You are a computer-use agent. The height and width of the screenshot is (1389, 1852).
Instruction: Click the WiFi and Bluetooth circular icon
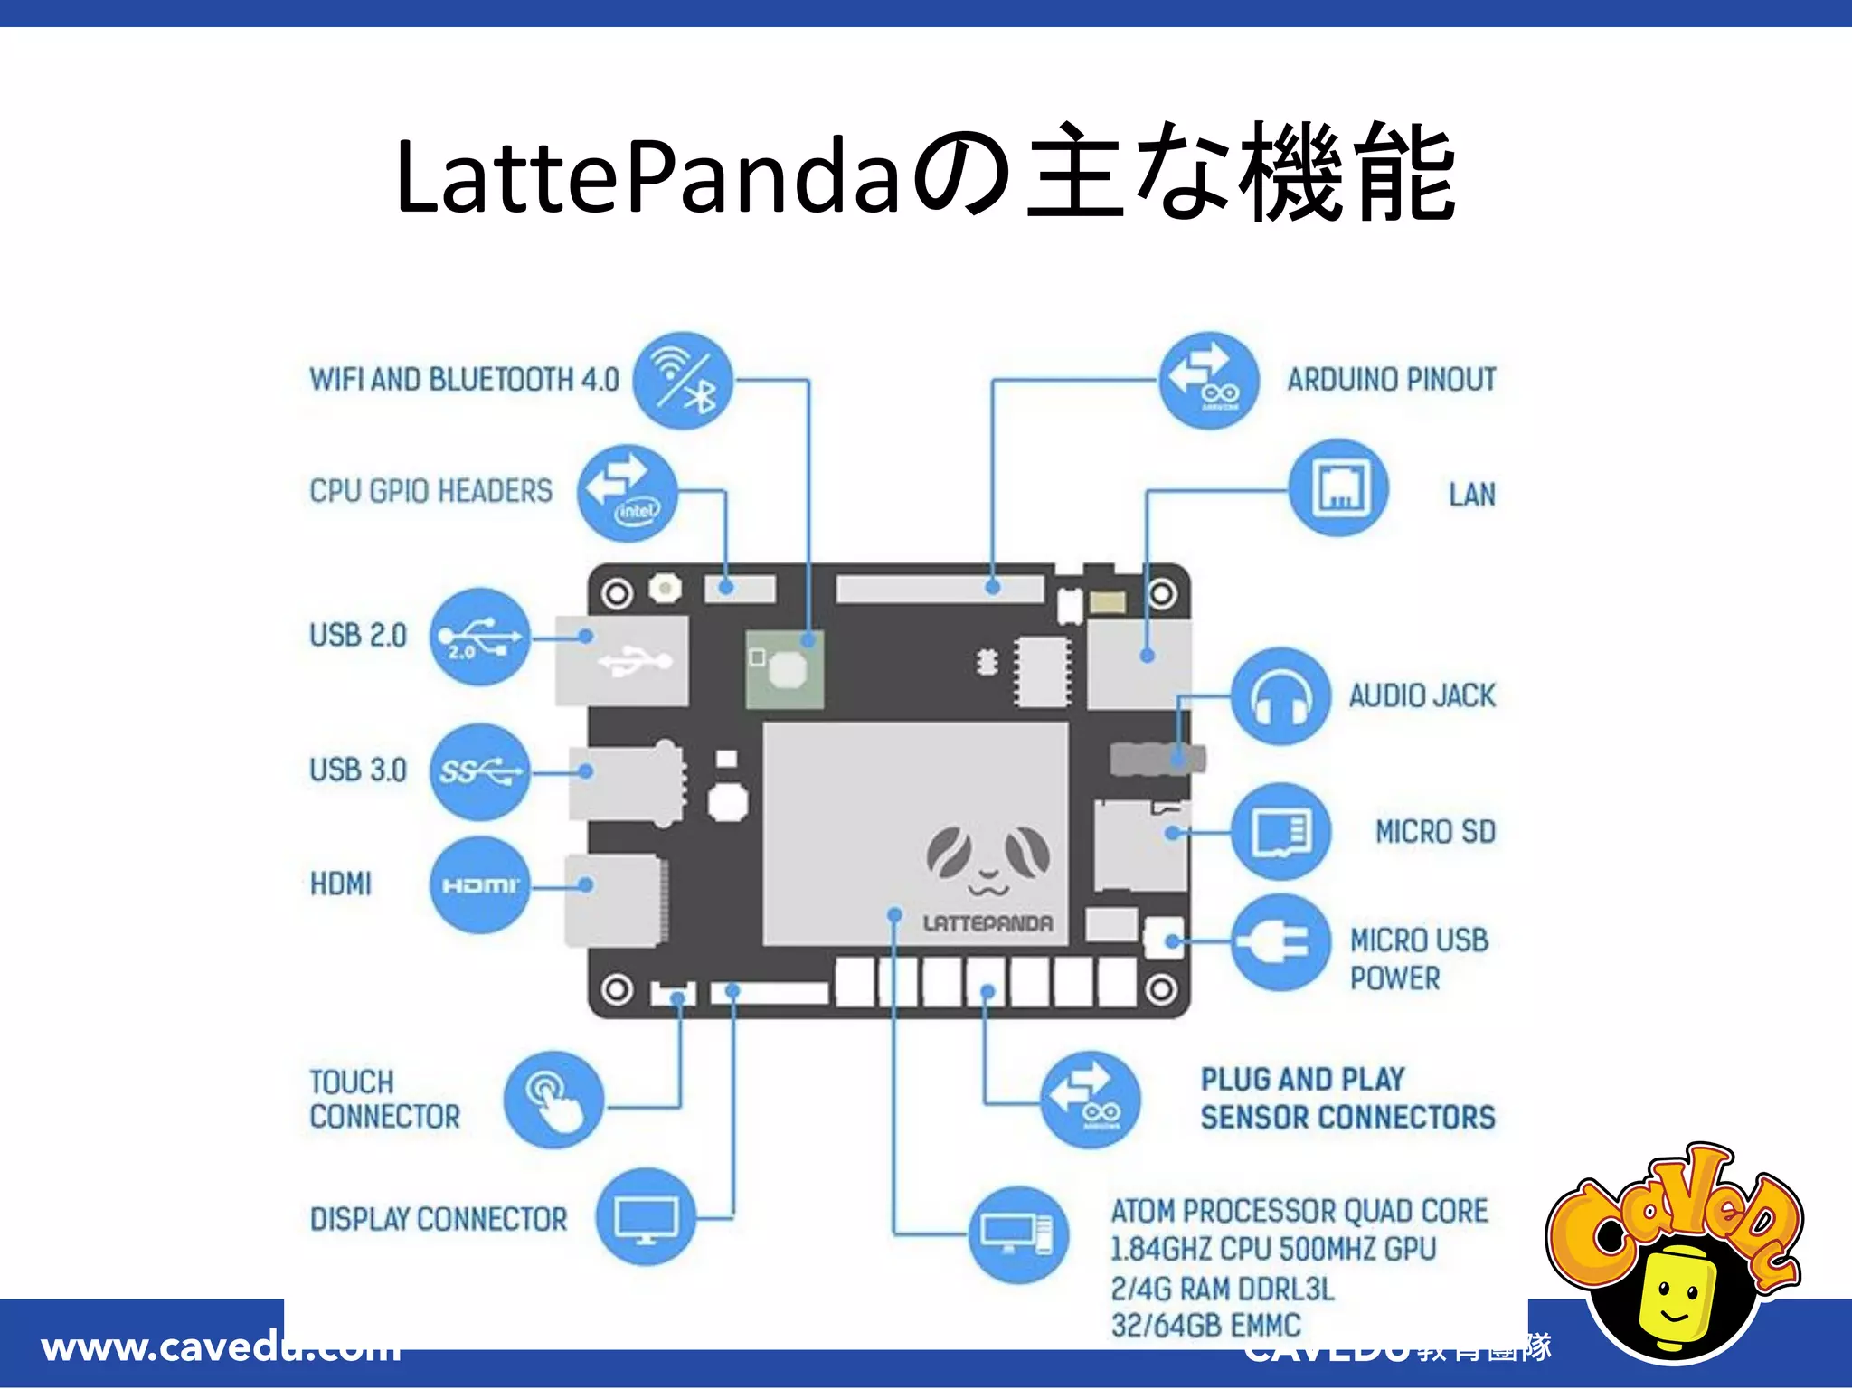(x=683, y=381)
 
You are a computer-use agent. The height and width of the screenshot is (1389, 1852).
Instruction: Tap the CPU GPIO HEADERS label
(x=430, y=491)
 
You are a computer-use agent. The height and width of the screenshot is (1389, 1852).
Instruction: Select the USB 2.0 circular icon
(x=479, y=637)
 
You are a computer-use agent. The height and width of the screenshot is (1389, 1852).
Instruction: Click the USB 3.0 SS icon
(x=479, y=771)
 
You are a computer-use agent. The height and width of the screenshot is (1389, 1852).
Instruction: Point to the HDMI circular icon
(x=479, y=884)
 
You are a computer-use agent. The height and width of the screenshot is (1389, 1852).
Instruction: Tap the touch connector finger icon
(x=553, y=1100)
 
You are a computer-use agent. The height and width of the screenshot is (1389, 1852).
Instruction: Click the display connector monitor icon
(x=646, y=1218)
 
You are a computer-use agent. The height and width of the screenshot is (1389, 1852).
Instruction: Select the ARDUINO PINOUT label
(x=1391, y=380)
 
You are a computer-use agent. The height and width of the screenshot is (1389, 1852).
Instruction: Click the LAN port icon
(x=1338, y=488)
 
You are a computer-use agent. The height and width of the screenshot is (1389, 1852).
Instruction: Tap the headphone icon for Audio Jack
(x=1280, y=696)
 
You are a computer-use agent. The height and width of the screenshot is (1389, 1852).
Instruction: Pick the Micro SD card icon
(x=1280, y=831)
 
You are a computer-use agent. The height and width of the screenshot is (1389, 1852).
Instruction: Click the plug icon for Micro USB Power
(x=1280, y=942)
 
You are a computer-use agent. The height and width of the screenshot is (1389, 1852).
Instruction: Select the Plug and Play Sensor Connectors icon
(x=1091, y=1100)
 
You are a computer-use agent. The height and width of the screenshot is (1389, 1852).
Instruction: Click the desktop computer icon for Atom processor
(x=1018, y=1234)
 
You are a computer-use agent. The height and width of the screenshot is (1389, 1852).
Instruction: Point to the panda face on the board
(x=987, y=859)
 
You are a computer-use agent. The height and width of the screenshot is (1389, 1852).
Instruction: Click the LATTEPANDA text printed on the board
(x=987, y=923)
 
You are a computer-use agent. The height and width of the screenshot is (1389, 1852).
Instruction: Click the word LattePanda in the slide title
(x=647, y=176)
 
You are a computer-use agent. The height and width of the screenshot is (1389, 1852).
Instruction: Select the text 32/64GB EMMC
(x=1205, y=1326)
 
